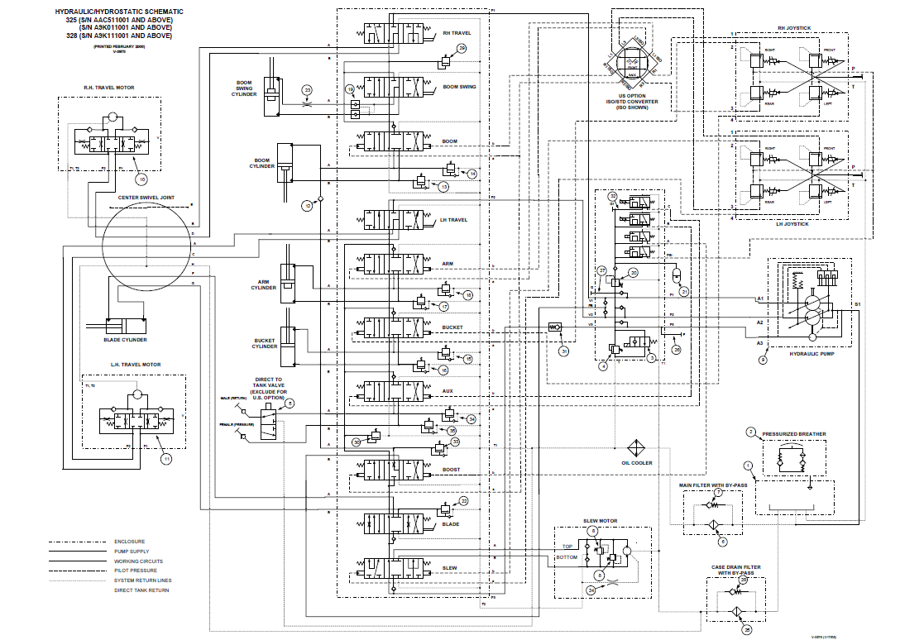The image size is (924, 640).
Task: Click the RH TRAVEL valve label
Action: point(456,33)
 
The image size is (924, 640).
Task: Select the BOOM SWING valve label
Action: point(461,86)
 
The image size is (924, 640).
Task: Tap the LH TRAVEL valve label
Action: point(455,219)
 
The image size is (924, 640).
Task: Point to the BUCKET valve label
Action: point(452,327)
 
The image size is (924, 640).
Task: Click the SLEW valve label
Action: point(449,568)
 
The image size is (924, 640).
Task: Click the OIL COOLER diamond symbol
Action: point(636,447)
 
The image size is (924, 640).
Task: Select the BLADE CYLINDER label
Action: point(126,340)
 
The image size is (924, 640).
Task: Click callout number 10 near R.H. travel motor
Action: point(141,177)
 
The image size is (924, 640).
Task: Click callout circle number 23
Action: point(307,89)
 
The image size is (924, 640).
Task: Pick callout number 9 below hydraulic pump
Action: point(763,360)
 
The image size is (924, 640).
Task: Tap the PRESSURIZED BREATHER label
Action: point(793,433)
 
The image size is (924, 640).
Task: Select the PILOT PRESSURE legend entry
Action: point(132,571)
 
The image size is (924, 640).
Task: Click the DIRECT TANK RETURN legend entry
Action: point(141,590)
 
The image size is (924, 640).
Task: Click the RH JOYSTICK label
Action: point(794,27)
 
